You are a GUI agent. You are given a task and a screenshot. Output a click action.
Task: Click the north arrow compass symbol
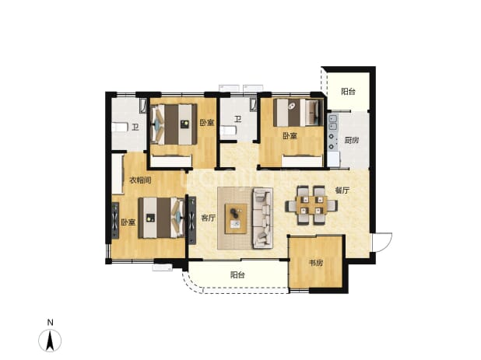(50, 340)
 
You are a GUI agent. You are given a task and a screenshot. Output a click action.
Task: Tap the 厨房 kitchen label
(352, 140)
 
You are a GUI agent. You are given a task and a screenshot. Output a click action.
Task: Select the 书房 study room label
(316, 263)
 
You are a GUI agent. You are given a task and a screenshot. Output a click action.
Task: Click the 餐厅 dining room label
(342, 190)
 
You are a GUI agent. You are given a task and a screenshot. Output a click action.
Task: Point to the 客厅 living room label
(209, 218)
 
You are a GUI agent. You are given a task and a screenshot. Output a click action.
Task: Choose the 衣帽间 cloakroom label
(141, 180)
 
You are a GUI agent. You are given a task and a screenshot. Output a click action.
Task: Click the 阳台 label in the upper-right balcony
(348, 91)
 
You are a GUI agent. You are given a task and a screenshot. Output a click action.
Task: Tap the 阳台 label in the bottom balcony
(237, 274)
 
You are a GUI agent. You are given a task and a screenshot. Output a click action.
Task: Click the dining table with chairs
(311, 205)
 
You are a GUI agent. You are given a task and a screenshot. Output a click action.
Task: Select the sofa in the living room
(262, 218)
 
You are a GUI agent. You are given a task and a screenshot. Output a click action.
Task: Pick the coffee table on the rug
(236, 218)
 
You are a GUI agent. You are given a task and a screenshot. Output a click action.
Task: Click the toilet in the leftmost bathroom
(120, 127)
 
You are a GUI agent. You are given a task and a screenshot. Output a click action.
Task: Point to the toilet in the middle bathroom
(227, 131)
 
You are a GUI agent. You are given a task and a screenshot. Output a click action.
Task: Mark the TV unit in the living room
(192, 220)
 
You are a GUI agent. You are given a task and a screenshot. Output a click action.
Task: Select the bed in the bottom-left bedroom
(161, 218)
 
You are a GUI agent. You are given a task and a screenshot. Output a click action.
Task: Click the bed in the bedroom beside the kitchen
(298, 112)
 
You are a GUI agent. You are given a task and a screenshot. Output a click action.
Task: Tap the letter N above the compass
(51, 323)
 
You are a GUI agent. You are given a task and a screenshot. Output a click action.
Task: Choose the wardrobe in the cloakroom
(118, 174)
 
